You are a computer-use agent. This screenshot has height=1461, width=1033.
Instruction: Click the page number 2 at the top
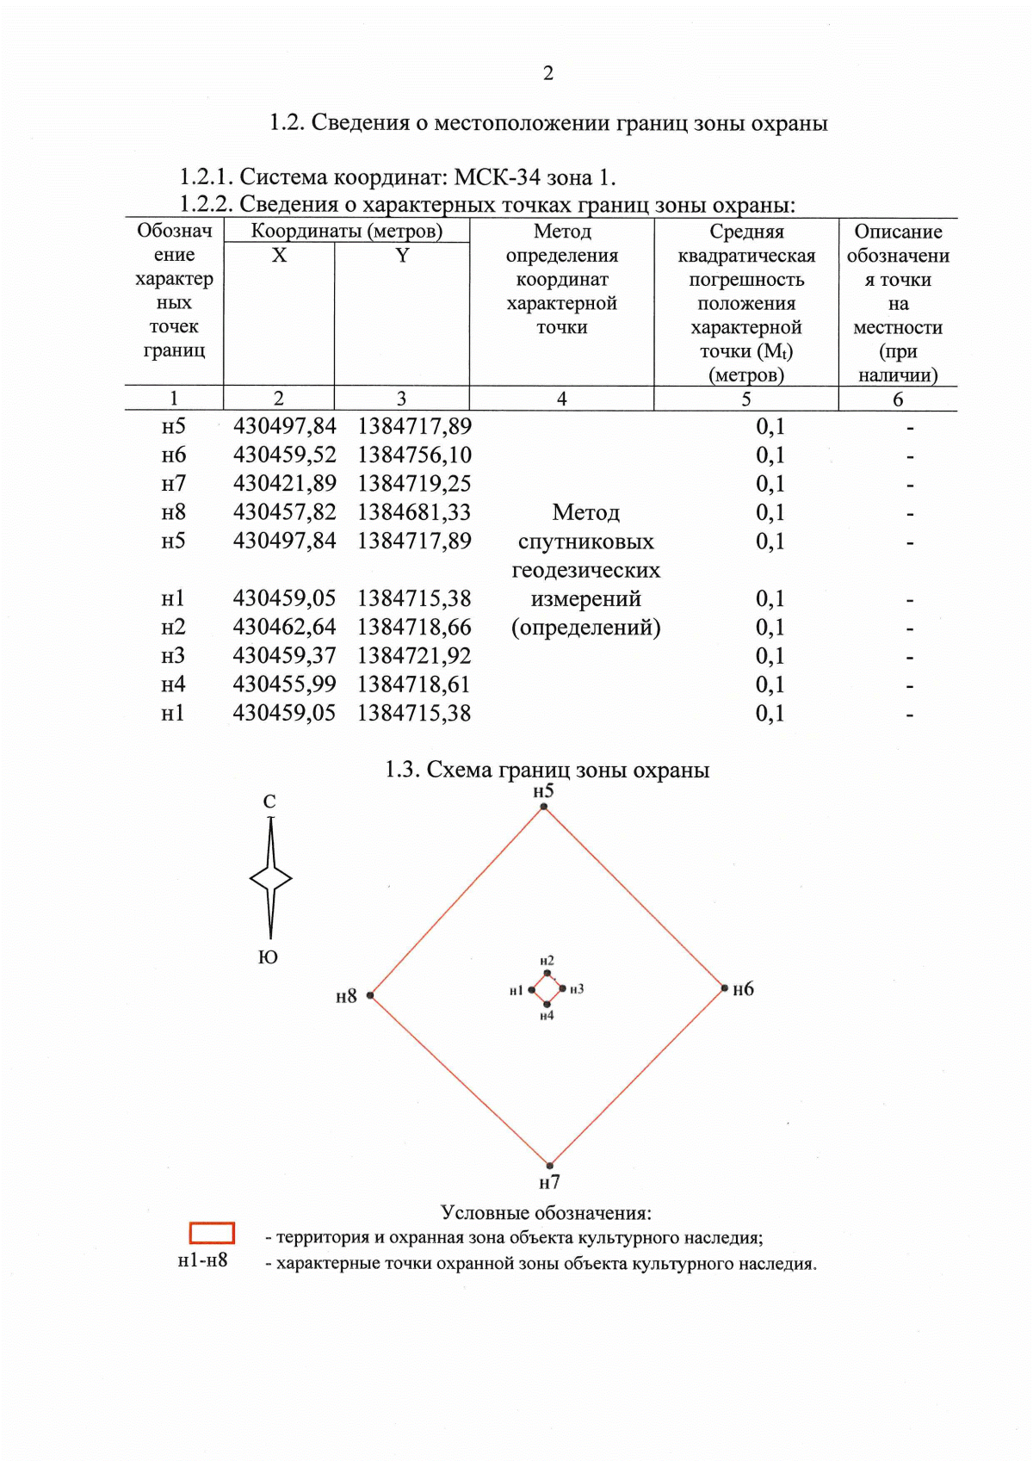point(548,73)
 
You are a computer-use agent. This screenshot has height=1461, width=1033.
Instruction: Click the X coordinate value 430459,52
point(284,455)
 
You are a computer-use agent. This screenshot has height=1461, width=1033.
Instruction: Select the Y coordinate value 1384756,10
point(414,455)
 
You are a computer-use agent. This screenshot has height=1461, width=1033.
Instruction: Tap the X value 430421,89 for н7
point(284,484)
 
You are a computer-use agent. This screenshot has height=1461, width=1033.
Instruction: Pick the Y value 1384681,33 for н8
point(414,512)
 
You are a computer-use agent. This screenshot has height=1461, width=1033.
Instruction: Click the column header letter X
point(279,256)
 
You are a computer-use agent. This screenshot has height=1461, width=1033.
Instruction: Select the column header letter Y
point(402,256)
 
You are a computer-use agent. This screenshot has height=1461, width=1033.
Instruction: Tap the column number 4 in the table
point(561,399)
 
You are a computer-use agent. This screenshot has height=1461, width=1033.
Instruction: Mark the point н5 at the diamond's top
point(544,807)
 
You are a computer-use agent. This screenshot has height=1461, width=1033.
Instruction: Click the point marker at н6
point(725,988)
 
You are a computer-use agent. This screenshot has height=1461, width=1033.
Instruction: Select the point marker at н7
point(550,1167)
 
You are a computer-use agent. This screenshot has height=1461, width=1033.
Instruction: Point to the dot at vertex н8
point(370,995)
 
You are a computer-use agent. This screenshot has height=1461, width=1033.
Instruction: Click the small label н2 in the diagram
point(547,961)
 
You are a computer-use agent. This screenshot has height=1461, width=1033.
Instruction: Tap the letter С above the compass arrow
point(269,802)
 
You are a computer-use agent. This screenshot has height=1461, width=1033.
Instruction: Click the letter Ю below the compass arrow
point(269,957)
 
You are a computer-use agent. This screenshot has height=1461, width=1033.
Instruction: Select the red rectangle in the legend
point(212,1233)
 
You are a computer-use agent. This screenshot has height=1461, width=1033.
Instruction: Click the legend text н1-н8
point(202,1260)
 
